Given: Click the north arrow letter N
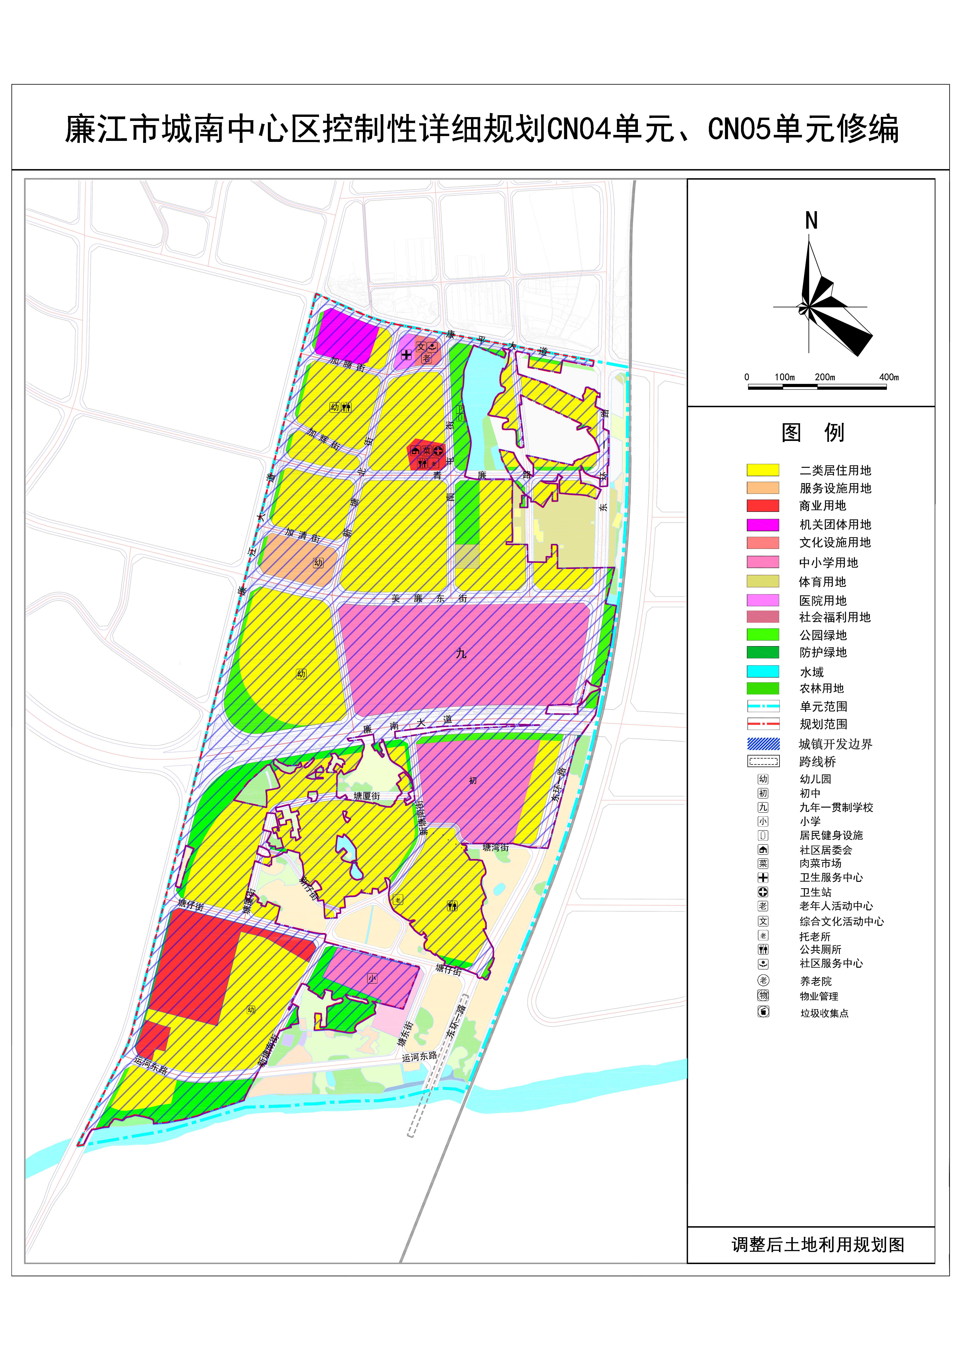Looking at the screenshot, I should point(811,221).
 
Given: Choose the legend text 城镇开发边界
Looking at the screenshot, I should point(835,744).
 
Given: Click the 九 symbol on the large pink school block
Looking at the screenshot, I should point(461,653).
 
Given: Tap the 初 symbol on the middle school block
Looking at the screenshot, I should point(473,781).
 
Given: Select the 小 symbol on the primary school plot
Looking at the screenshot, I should point(372,979).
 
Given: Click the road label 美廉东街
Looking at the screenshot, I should point(430,598).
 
